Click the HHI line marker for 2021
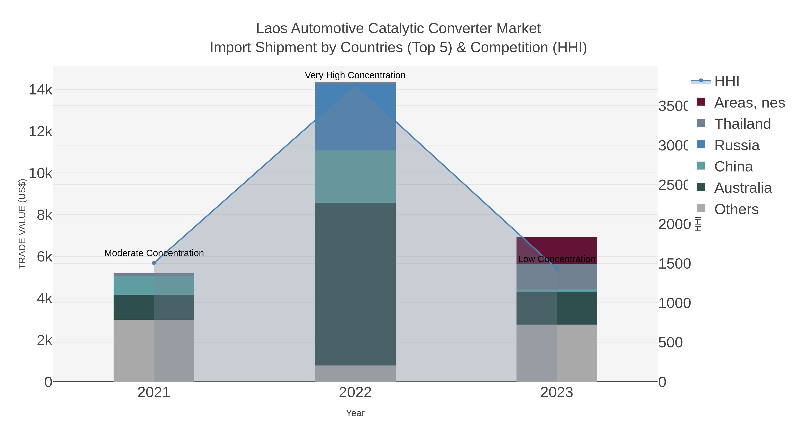click(x=154, y=263)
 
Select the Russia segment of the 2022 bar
click(x=355, y=117)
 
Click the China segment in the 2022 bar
click(x=355, y=177)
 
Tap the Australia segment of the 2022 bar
click(x=355, y=284)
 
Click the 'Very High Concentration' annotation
click(x=355, y=75)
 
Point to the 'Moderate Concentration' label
click(x=154, y=253)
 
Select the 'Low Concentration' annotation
click(x=557, y=259)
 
